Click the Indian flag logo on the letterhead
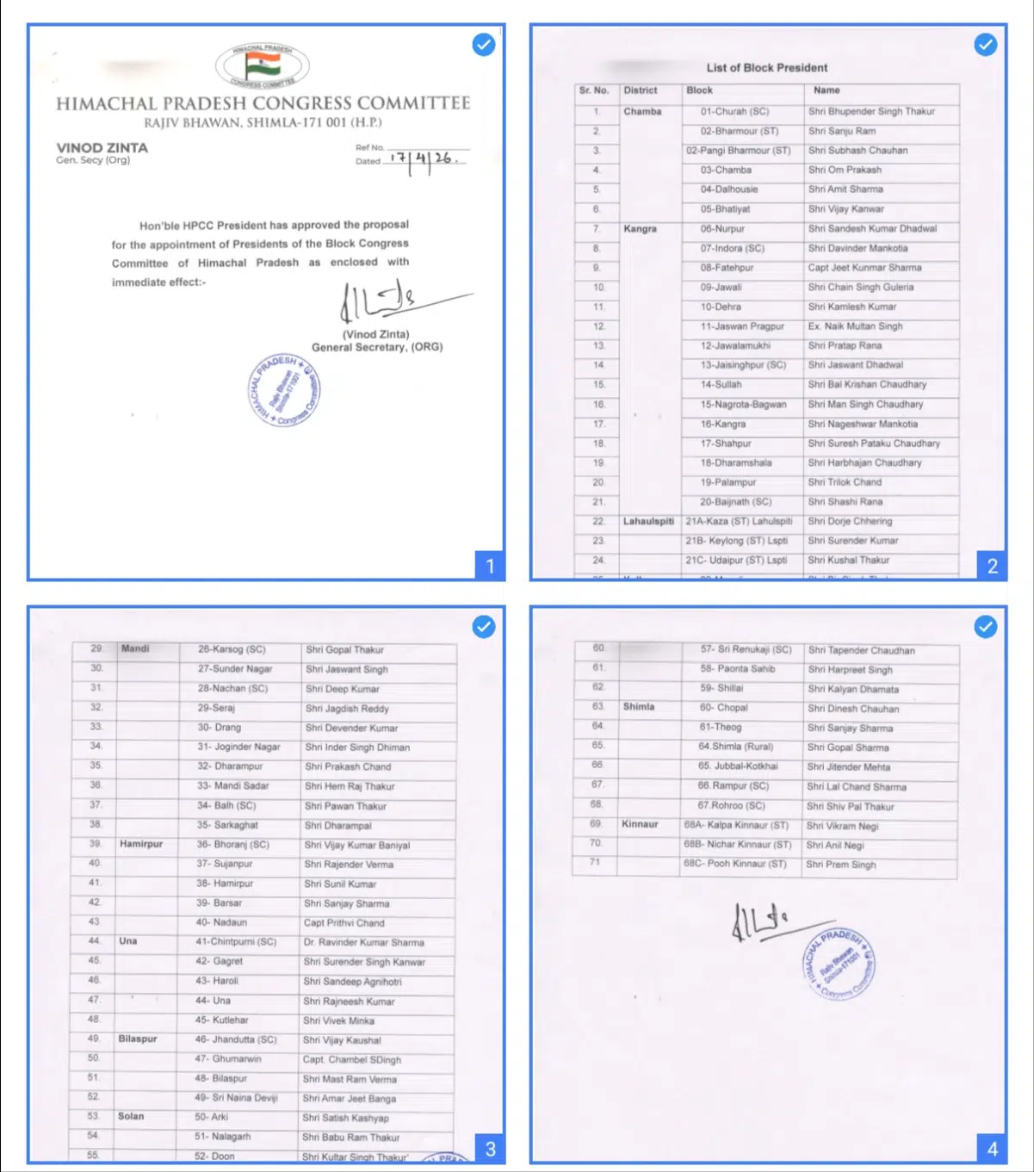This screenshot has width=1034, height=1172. pos(263,65)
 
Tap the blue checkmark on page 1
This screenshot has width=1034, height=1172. pos(484,44)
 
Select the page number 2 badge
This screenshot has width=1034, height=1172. pos(992,566)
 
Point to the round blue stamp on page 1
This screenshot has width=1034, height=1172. pos(285,390)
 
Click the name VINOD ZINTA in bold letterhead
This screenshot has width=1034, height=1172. pos(102,147)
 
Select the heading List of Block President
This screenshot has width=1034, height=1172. pos(766,67)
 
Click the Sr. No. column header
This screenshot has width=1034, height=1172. pos(594,90)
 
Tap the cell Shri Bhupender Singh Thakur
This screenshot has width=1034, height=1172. pos(871,111)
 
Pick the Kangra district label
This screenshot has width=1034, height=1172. pos(640,229)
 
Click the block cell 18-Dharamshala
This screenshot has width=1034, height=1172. pos(735,462)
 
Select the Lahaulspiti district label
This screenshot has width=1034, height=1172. pos(648,521)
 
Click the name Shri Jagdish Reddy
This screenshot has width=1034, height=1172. pos(347,709)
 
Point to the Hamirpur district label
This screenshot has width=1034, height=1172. pos(141,844)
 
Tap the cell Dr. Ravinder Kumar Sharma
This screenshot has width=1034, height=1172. pos(363,942)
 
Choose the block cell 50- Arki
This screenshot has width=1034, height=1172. pos(212,1117)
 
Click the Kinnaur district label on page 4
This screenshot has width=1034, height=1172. pos(640,824)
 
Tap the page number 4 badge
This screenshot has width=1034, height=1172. pos(992,1149)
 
